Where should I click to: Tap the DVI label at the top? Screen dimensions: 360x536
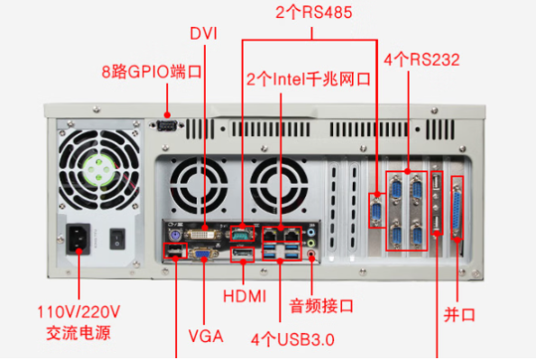204,33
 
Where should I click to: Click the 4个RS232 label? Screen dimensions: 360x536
421,60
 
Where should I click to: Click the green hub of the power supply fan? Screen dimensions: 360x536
97,168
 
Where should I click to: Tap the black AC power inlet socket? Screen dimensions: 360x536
79,239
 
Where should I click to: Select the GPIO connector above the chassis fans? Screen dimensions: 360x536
165,126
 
